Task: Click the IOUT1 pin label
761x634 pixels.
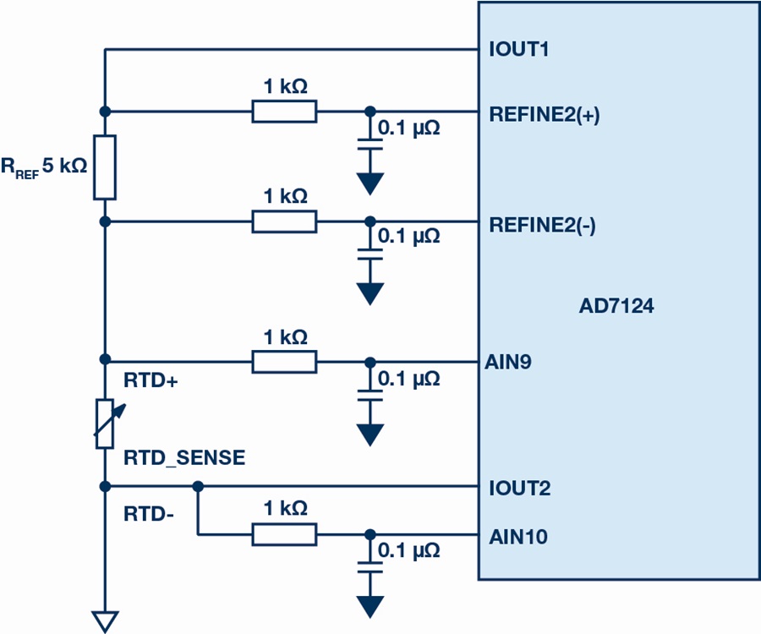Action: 519,50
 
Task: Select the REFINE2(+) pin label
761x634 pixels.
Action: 544,114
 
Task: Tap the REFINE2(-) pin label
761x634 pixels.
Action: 542,225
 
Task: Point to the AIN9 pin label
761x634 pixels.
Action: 507,362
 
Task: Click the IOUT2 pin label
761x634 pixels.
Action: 520,488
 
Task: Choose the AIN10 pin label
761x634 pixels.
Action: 518,537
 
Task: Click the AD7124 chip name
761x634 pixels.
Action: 616,306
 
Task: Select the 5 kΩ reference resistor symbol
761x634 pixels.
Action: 105,167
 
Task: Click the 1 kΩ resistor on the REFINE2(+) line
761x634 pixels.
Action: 284,112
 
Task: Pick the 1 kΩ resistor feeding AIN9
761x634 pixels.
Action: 284,362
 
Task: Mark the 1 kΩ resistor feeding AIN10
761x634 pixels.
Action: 284,534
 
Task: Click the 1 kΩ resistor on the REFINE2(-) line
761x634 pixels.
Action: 284,221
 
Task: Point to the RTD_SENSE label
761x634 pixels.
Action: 184,458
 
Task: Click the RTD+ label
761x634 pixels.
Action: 151,380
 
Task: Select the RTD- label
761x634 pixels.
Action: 149,514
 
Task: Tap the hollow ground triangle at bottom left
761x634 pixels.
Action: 105,622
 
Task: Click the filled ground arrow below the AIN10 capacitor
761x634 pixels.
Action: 370,607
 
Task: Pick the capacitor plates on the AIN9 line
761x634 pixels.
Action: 370,396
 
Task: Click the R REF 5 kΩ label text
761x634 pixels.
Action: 44,167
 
